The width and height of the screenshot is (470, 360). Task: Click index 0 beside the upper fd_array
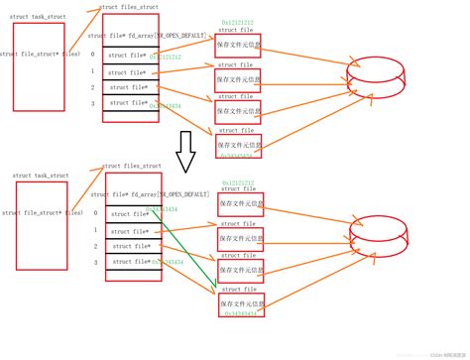coord(93,55)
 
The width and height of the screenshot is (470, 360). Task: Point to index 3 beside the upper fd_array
coord(93,103)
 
